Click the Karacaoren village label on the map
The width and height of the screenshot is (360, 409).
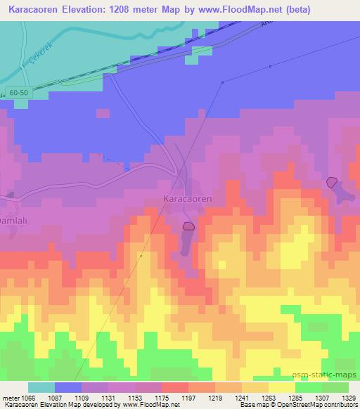click(x=188, y=199)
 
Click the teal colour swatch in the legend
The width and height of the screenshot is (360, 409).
click(x=41, y=387)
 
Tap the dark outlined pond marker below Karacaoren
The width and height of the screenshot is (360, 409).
click(x=188, y=226)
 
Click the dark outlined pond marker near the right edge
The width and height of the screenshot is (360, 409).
click(x=331, y=182)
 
